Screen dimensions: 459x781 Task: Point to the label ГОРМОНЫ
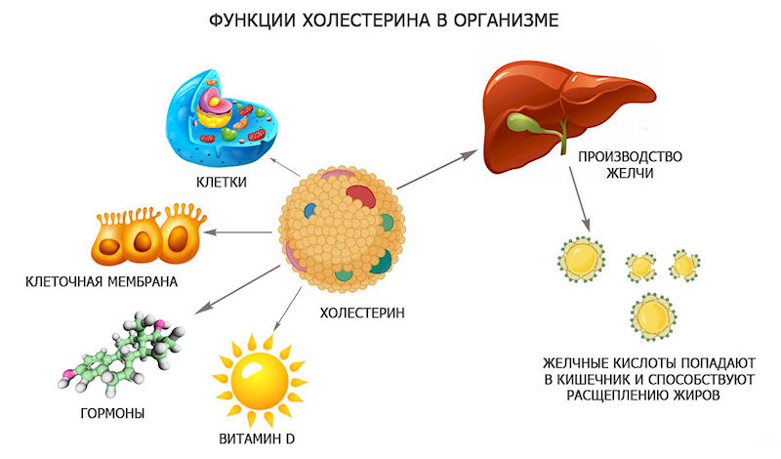pos(113,413)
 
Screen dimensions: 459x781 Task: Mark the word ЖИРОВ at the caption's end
pos(692,396)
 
